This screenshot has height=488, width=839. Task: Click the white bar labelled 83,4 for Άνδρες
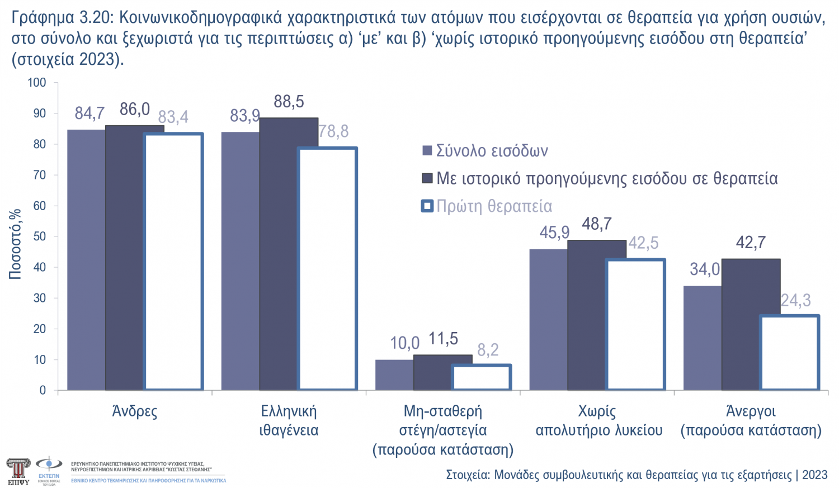click(173, 262)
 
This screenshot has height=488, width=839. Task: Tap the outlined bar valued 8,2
click(482, 377)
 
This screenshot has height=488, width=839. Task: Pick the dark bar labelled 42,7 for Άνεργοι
click(751, 324)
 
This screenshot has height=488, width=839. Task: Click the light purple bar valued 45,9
click(548, 320)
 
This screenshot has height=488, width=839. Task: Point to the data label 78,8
click(334, 131)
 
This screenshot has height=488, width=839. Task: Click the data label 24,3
click(795, 300)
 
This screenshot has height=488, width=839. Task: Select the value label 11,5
click(443, 339)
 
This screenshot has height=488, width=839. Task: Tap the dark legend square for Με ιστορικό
click(427, 178)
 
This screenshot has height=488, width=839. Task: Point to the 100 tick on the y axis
click(37, 83)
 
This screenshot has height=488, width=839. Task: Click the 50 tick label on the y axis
click(39, 236)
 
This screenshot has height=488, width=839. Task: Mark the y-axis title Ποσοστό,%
click(15, 244)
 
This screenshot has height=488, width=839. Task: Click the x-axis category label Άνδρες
click(135, 411)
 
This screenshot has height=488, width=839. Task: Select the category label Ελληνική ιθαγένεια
click(289, 420)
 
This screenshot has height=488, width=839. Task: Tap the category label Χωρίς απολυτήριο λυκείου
click(598, 420)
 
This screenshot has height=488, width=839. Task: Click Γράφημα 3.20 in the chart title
click(62, 18)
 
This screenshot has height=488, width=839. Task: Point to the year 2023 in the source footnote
click(814, 475)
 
